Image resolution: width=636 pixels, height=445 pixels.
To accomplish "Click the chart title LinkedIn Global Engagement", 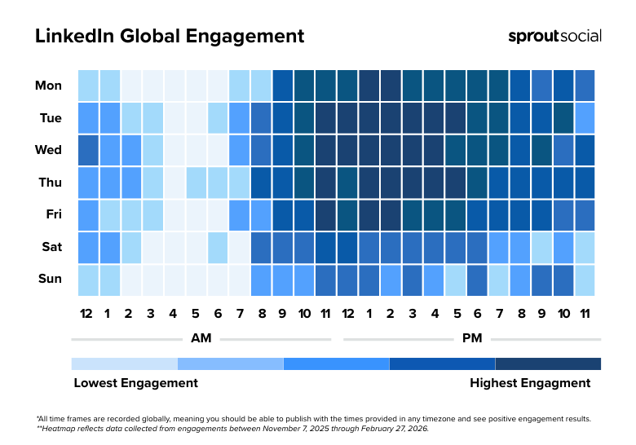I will pos(170,37).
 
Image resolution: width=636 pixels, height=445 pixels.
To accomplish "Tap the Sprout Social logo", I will pos(554,36).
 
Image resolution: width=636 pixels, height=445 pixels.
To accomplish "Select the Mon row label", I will pos(48,86).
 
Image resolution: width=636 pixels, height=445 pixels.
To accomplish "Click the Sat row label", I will pos(50,247).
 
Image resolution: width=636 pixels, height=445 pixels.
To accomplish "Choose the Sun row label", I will pos(50,280).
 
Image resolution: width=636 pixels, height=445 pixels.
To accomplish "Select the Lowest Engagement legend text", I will pos(135,383).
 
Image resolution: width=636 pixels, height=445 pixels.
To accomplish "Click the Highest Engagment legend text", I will pos(530,383).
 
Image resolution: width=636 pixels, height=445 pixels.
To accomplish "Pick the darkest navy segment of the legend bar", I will pos(548,363).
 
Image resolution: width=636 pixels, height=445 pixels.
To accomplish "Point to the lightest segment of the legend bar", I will pos(124,363).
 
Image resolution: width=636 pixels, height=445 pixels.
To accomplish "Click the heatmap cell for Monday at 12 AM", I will pos(88,86).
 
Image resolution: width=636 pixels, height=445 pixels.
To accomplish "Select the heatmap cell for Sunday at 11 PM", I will pos(585,280).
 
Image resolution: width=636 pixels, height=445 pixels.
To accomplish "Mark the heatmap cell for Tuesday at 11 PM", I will pos(585,118).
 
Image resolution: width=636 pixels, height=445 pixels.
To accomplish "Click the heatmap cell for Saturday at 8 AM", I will pos(261,247).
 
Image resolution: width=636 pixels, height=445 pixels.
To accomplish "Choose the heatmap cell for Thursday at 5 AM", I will pos(196,183).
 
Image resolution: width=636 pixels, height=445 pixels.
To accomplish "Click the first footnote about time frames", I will pos(313,418).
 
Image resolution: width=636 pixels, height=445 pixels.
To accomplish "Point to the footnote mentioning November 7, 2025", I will pos(232,428).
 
